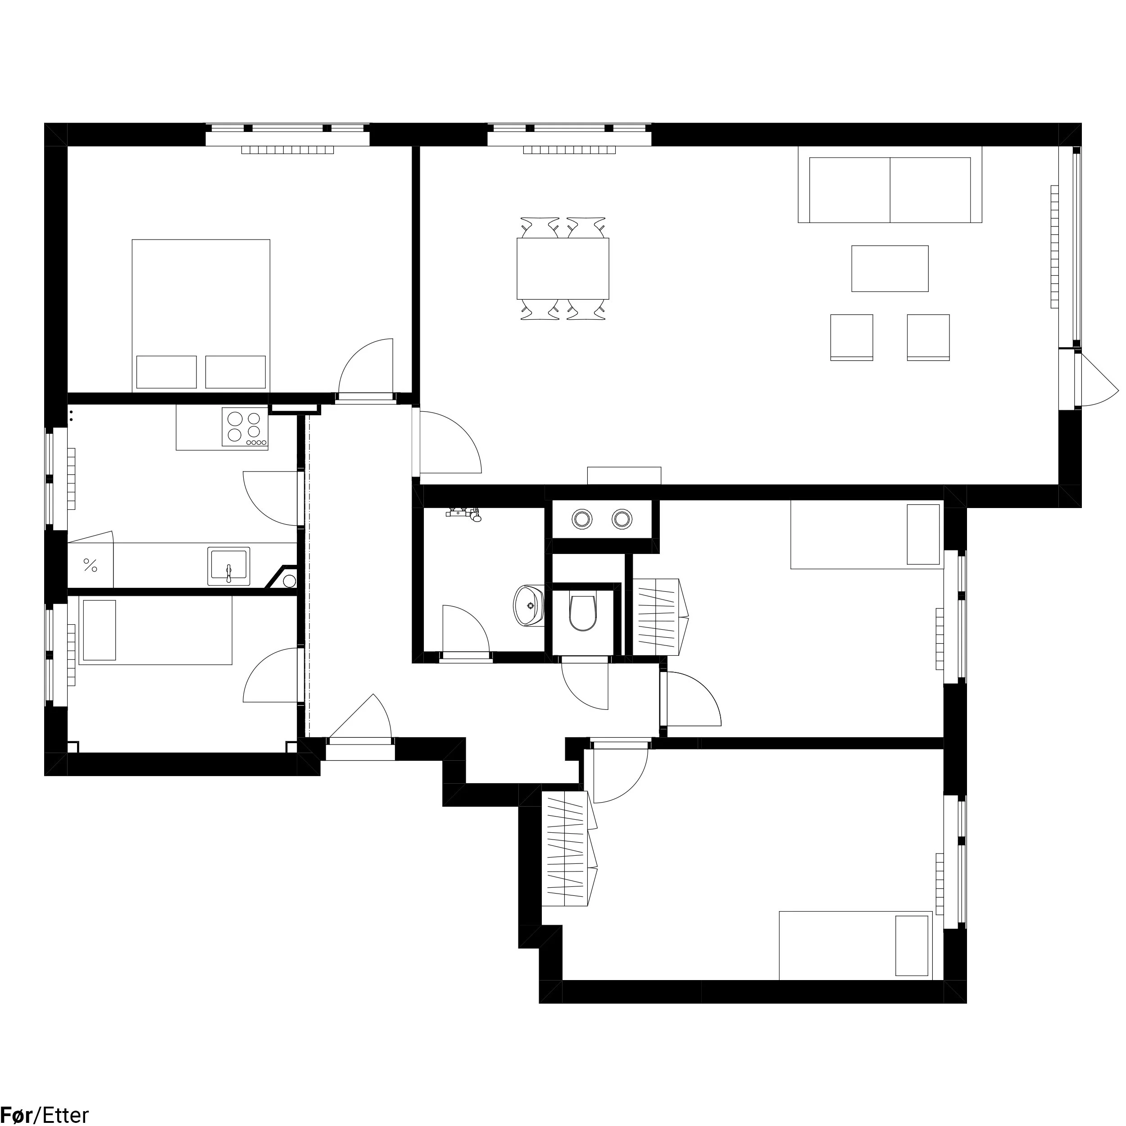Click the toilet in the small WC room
[x=583, y=613]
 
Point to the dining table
[x=563, y=268]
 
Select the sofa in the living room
[x=890, y=184]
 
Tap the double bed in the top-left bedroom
[x=201, y=315]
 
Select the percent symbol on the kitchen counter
[x=91, y=565]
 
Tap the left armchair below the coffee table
[x=852, y=337]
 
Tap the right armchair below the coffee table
[x=928, y=337]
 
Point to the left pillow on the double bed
[x=166, y=372]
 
